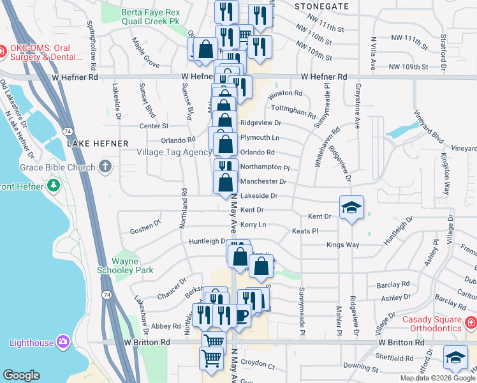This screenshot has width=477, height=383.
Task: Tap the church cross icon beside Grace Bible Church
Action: pyautogui.click(x=106, y=167)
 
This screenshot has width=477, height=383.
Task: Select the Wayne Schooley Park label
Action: pyautogui.click(x=133, y=266)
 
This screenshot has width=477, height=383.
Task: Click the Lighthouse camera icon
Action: pyautogui.click(x=63, y=342)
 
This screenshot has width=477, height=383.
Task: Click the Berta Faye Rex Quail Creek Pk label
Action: pyautogui.click(x=150, y=17)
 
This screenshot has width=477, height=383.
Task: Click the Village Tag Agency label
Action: pyautogui.click(x=174, y=153)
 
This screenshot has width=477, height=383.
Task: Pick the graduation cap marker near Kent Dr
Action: pyautogui.click(x=351, y=208)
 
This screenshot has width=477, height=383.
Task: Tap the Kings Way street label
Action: pyautogui.click(x=342, y=245)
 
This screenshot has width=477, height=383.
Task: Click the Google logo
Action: pyautogui.click(x=22, y=375)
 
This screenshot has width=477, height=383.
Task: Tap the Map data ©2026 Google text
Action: pyautogui.click(x=437, y=378)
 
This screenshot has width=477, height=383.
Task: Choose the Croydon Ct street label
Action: pyautogui.click(x=258, y=367)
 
